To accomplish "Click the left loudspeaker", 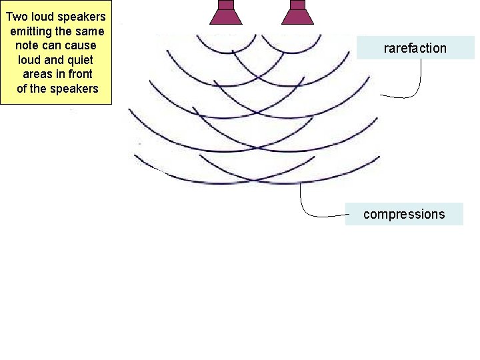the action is (x=226, y=14).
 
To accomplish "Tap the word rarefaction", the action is (x=415, y=48).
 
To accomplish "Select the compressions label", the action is (x=404, y=214).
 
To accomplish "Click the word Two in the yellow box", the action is (x=17, y=16).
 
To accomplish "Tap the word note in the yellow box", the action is (x=27, y=45).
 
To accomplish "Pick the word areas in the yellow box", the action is (x=37, y=74).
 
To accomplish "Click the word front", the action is (x=79, y=74).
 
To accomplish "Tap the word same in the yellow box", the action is (x=91, y=31).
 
